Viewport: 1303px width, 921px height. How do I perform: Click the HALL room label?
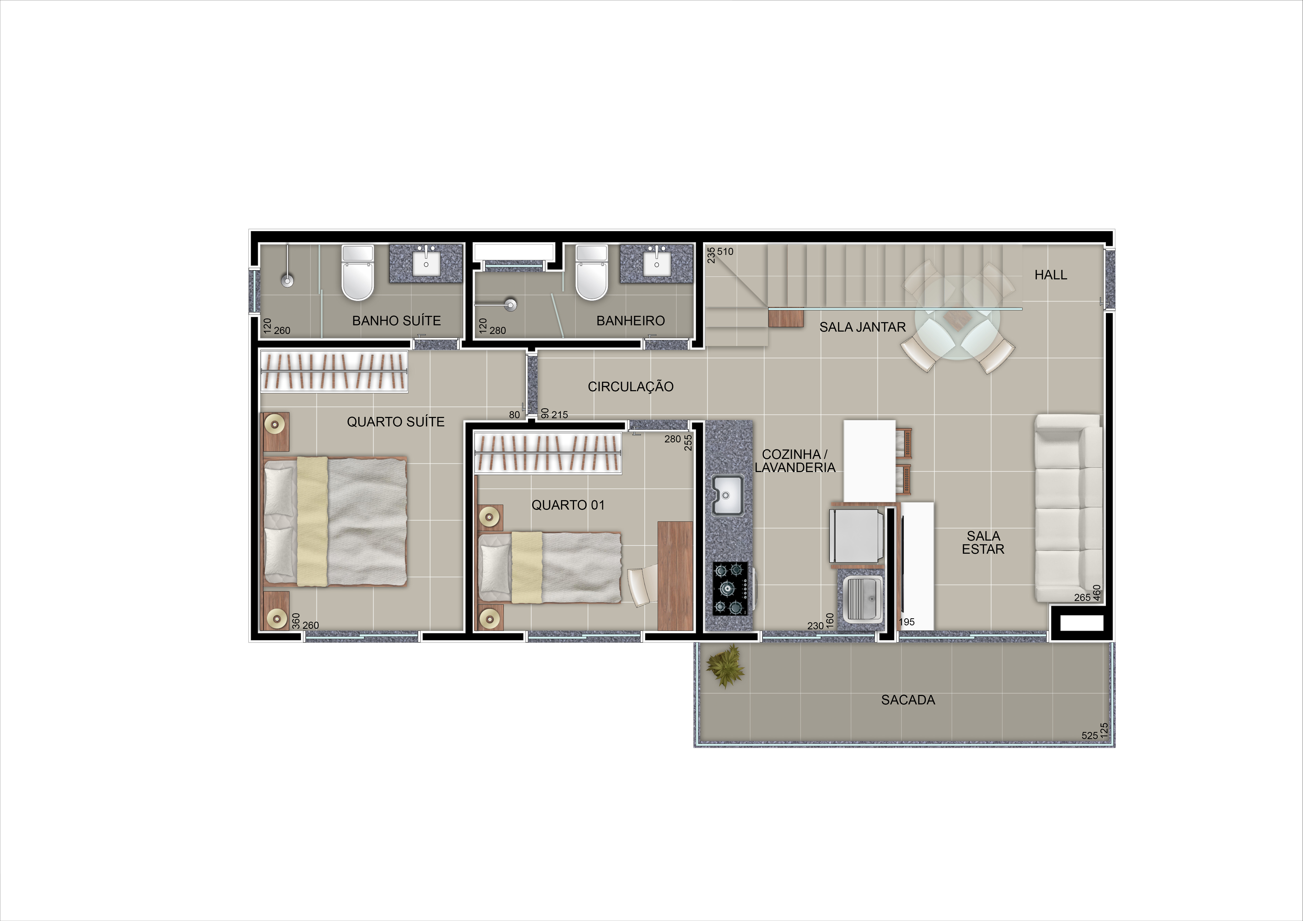1050,275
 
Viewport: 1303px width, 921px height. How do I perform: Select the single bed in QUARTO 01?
549,567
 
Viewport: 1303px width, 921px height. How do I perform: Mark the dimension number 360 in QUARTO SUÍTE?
296,621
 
